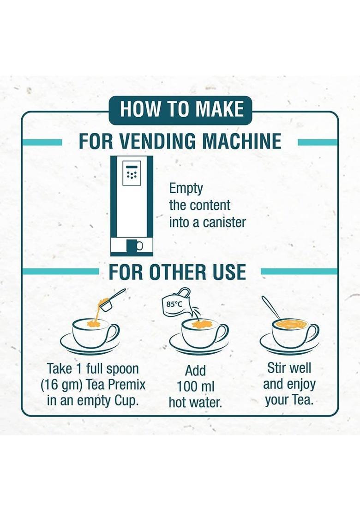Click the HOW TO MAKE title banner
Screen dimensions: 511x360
180,110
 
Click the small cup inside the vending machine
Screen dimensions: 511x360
134,245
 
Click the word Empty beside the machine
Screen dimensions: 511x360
186,189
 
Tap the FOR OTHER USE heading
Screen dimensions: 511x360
177,272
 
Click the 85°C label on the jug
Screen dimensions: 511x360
174,304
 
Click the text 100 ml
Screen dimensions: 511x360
195,386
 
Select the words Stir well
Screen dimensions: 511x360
289,368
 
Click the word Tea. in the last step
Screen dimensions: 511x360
302,400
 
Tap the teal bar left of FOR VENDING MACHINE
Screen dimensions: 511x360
42,143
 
